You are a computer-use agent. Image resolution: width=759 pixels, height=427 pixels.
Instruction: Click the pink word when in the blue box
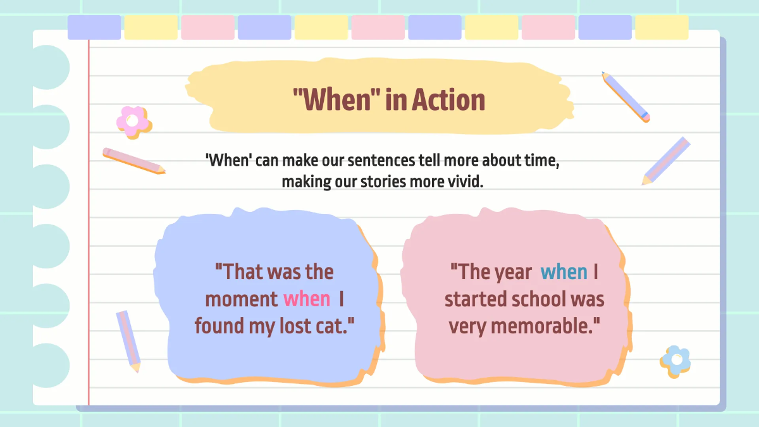click(307, 299)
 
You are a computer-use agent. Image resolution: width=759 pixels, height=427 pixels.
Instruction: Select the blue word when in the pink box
click(564, 272)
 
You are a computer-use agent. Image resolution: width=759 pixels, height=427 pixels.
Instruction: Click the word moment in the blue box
click(241, 299)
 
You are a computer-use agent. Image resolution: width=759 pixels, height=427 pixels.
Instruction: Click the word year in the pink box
click(513, 272)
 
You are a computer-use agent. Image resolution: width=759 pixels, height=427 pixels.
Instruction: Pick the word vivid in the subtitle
click(467, 182)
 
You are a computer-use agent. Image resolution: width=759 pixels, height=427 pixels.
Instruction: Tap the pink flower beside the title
click(133, 121)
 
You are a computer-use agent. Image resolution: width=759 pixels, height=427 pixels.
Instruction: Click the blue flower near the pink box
click(676, 361)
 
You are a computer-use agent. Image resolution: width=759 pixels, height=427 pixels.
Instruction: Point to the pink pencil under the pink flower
click(134, 161)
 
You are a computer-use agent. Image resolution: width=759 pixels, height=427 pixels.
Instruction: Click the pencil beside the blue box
click(128, 340)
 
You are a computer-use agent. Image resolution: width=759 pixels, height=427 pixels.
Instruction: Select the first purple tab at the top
click(94, 28)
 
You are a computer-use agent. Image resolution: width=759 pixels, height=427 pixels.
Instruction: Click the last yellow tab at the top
click(662, 28)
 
